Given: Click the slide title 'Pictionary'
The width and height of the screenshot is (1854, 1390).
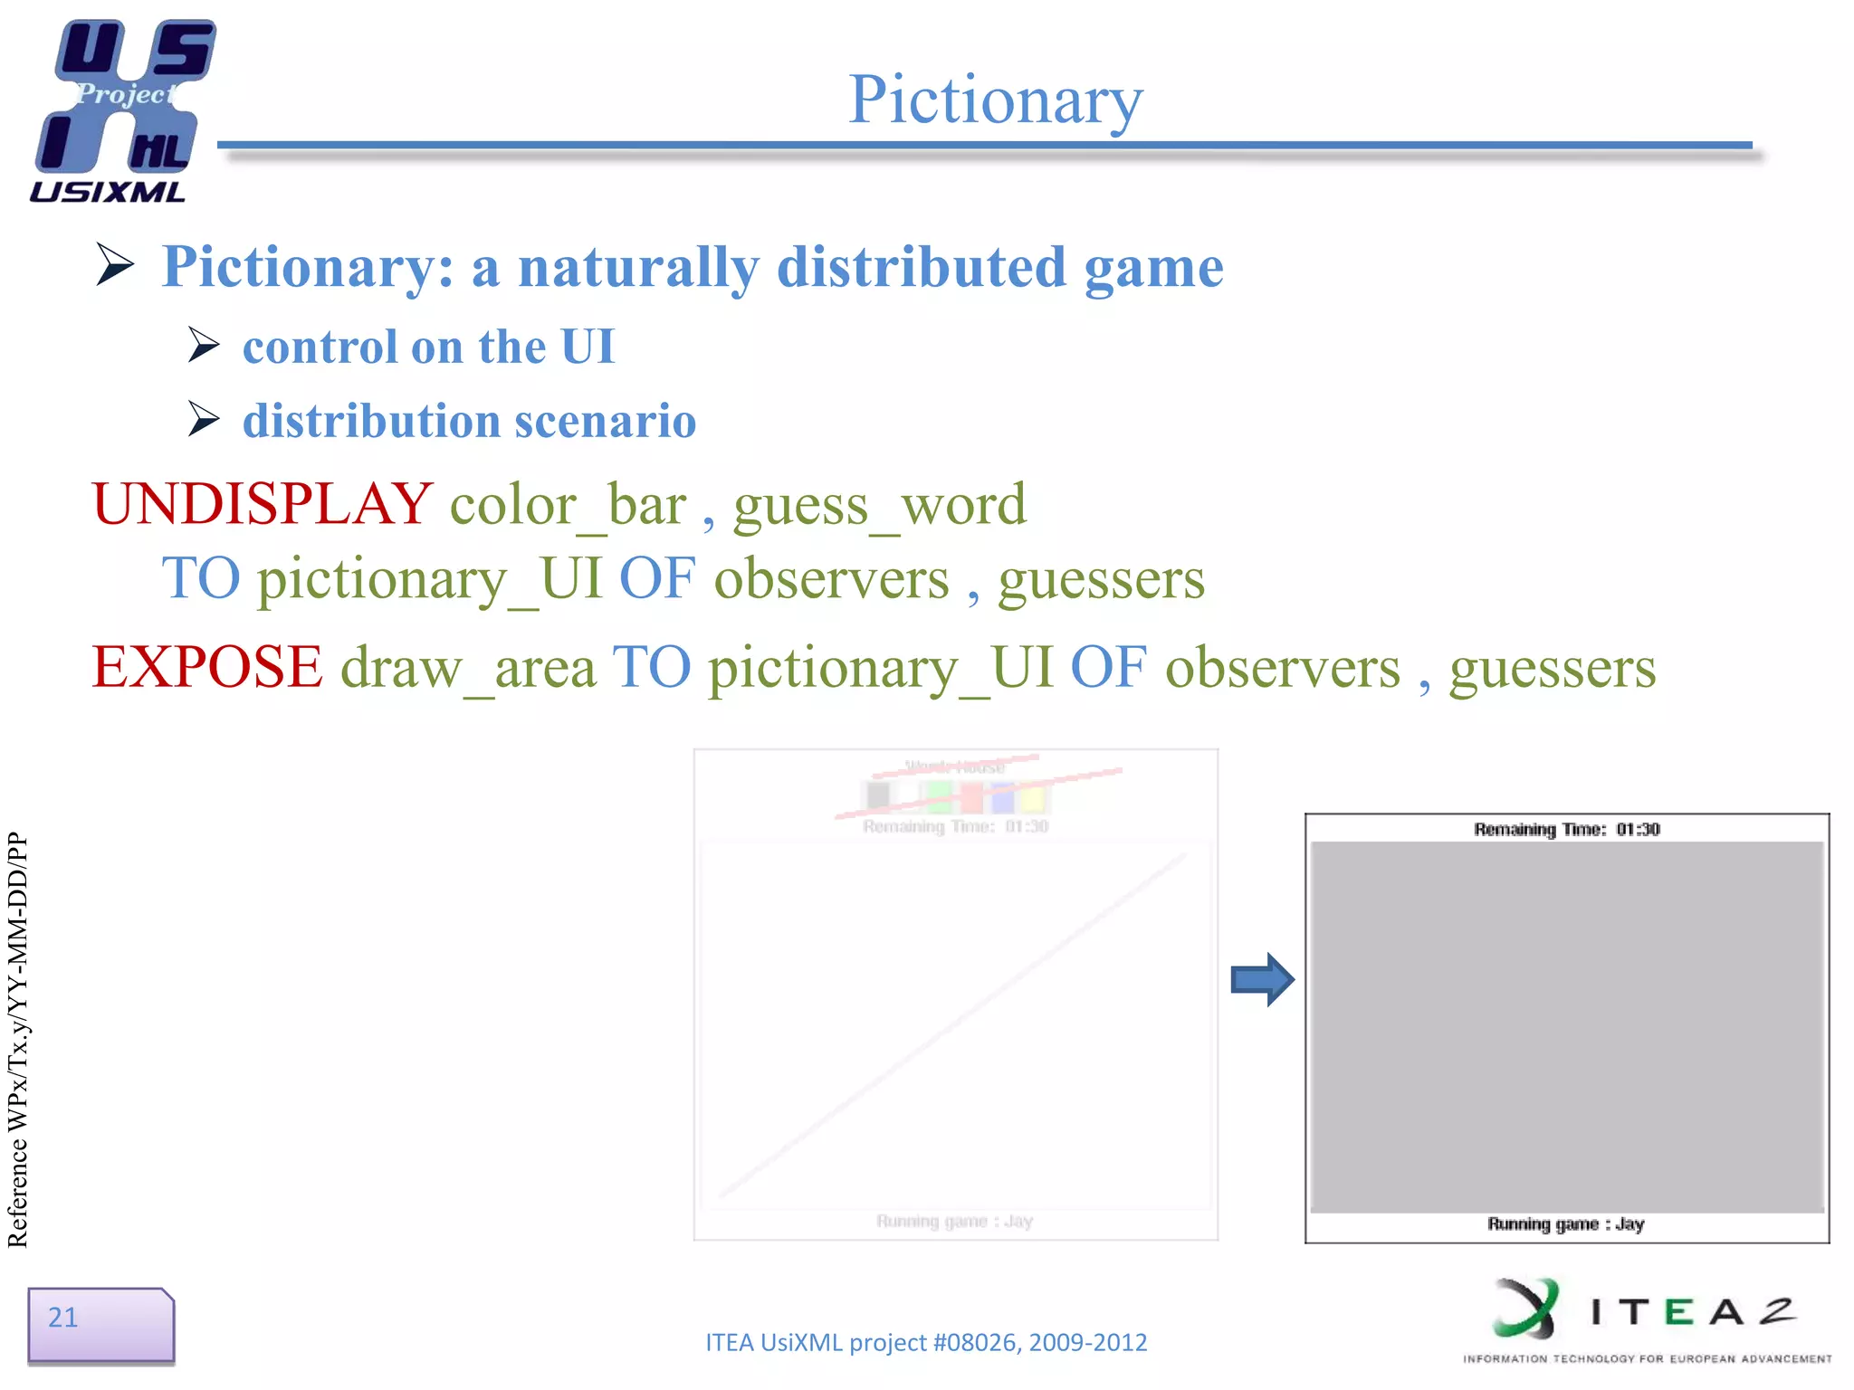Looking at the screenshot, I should pyautogui.click(x=995, y=100).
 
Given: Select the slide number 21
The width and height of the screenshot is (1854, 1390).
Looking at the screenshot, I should pyautogui.click(x=63, y=1318).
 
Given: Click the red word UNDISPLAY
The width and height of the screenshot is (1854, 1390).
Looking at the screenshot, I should pyautogui.click(x=263, y=504).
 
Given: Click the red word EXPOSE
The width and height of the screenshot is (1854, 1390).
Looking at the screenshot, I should pyautogui.click(x=207, y=668).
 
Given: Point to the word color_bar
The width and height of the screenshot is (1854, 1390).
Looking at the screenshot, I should pyautogui.click(x=569, y=504).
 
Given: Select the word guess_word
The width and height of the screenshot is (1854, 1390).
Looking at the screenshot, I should pyautogui.click(x=880, y=504).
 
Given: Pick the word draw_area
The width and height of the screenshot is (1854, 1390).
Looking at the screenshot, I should pyautogui.click(x=468, y=668).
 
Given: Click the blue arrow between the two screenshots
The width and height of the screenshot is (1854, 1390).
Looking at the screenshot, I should pyautogui.click(x=1262, y=979).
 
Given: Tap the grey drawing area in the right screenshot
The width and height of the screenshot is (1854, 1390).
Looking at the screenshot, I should pyautogui.click(x=1566, y=1026).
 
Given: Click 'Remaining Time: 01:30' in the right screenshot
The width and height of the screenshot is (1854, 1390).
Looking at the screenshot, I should pyautogui.click(x=1566, y=829).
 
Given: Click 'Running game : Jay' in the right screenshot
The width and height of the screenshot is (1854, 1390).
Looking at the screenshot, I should pyautogui.click(x=1565, y=1224).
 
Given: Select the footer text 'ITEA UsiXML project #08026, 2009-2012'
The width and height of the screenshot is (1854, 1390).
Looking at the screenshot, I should pyautogui.click(x=926, y=1342).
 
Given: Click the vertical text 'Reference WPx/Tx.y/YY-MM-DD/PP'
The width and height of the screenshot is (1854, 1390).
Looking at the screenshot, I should pyautogui.click(x=18, y=1040).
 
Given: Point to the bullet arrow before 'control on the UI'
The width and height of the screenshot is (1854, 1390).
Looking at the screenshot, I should pyautogui.click(x=204, y=346).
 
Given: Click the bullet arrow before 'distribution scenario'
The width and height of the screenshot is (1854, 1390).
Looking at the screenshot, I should pyautogui.click(x=204, y=419).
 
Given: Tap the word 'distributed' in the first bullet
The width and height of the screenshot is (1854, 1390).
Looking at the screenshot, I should pyautogui.click(x=922, y=267).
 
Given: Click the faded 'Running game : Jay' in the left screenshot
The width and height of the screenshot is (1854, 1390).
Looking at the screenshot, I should pyautogui.click(x=954, y=1222).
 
